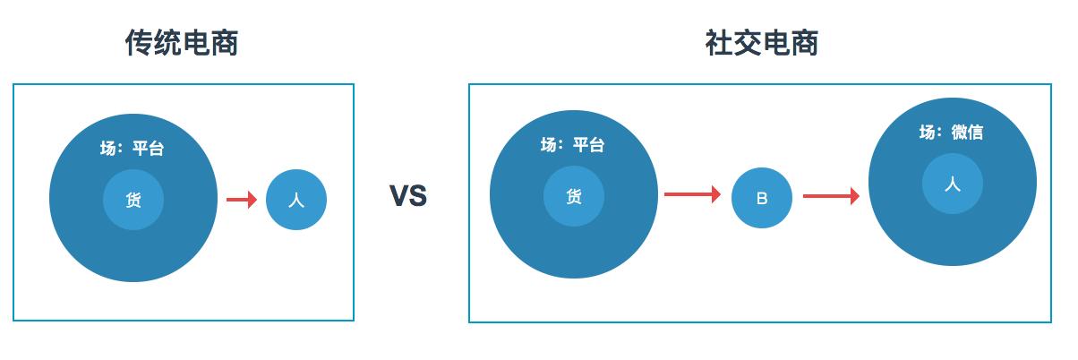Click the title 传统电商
182,42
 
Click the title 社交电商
761,42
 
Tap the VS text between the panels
408,196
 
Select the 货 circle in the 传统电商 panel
133,200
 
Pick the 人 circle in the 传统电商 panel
296,200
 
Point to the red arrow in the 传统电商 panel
242,200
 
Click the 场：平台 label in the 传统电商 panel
133,149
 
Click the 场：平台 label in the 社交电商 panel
573,145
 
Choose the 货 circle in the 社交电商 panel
574,196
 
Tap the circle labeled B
762,198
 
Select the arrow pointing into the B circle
692,194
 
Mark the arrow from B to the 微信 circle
831,195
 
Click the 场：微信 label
952,133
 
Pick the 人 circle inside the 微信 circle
953,184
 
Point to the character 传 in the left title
140,42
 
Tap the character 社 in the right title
719,42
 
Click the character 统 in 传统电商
167,42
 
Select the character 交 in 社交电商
747,42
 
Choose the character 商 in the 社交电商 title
804,42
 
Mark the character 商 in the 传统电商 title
225,42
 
